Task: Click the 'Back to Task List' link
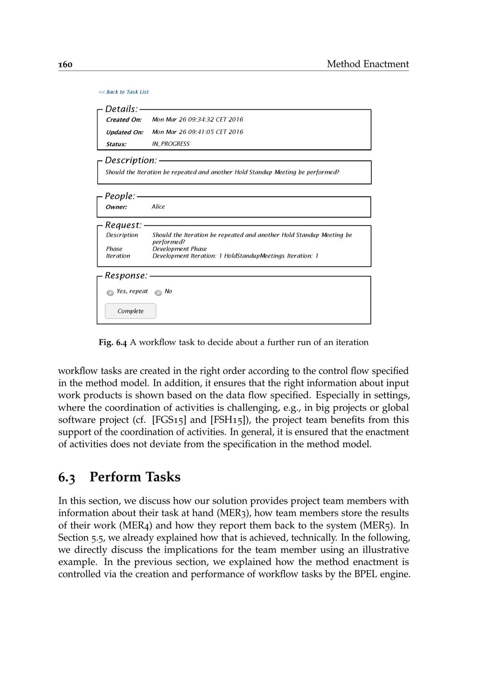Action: [x=124, y=92]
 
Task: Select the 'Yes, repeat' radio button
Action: [x=110, y=293]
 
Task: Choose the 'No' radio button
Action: [x=158, y=293]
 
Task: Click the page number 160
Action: [x=65, y=64]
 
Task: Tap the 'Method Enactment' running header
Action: [x=367, y=64]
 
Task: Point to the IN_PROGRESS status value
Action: [x=171, y=144]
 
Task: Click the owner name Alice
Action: [x=158, y=207]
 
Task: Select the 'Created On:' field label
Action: [x=124, y=120]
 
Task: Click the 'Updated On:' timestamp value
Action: [x=197, y=132]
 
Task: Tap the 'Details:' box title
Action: [x=121, y=109]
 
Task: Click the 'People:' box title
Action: [x=120, y=196]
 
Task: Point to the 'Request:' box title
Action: [x=123, y=225]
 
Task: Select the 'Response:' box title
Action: [x=126, y=276]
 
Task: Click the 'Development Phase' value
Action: [x=180, y=249]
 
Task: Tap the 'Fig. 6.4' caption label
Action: [x=113, y=342]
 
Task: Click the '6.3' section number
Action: [x=67, y=477]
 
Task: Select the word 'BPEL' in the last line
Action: [x=366, y=574]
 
